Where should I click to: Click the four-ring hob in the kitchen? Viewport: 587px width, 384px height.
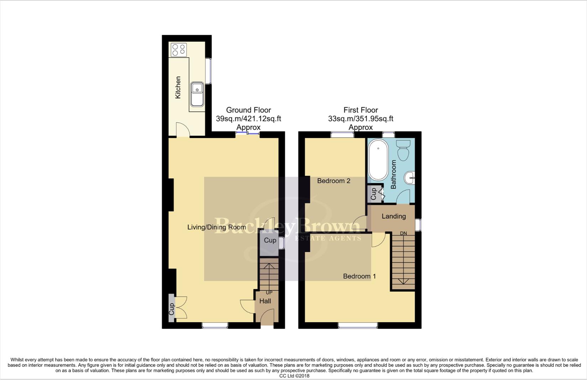(x=179, y=50)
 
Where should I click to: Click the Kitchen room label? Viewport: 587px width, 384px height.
(x=178, y=87)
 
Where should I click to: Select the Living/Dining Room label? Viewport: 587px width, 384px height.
(x=216, y=227)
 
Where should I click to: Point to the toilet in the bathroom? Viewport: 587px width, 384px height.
(x=404, y=150)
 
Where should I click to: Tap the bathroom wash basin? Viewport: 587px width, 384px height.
(x=410, y=177)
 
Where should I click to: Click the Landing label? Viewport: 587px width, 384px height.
(x=393, y=216)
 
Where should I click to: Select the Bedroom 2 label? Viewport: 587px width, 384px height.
(x=334, y=181)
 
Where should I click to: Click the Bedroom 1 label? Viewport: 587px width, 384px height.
(x=359, y=276)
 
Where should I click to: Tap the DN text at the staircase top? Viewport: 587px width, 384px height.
(x=403, y=234)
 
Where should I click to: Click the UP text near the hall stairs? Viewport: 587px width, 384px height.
(x=269, y=293)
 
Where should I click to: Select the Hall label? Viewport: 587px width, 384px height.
(x=265, y=301)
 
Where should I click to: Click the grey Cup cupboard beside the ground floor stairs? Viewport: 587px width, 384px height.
(x=269, y=242)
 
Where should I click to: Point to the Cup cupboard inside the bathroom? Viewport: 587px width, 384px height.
(x=374, y=194)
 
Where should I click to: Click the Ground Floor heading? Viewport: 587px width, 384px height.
(x=248, y=110)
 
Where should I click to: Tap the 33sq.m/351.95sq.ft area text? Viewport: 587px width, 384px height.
(x=361, y=119)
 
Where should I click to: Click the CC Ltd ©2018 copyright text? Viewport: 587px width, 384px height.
(x=294, y=376)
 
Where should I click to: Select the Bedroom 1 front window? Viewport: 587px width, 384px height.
(x=358, y=325)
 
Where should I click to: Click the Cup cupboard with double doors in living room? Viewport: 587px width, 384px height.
(x=172, y=308)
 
